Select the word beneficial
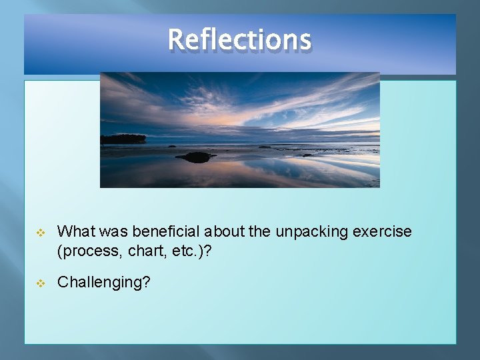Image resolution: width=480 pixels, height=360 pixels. point(167,231)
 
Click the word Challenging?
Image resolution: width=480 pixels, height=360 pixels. point(103,282)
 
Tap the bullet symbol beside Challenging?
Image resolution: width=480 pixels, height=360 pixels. point(40,283)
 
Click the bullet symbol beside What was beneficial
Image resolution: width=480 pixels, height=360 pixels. point(40,232)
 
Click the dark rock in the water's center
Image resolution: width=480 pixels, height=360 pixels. point(195,157)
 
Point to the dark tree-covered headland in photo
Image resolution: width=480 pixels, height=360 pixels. point(123,139)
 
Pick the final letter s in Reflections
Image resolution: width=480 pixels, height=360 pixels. point(305,40)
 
